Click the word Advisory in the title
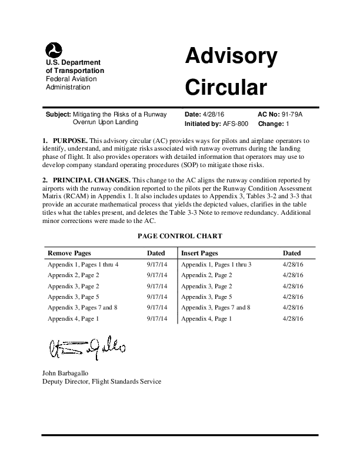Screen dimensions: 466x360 (231, 57)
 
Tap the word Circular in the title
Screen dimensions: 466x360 (226, 87)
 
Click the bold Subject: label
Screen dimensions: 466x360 (58, 114)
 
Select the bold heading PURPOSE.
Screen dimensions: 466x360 (70, 142)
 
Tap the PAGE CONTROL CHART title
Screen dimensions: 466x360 (180, 236)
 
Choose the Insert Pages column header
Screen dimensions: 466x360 (200, 253)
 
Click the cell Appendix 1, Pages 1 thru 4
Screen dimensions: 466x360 (83, 265)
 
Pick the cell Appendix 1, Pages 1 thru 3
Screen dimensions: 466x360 (216, 265)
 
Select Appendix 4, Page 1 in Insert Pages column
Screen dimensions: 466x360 (206, 318)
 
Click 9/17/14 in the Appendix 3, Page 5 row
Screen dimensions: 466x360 (157, 297)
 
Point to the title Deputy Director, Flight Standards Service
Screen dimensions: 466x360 (102, 381)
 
